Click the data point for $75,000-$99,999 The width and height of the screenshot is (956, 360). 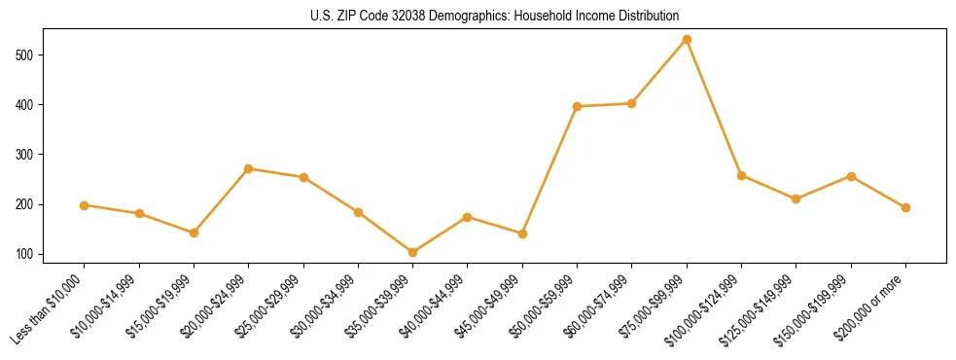pyautogui.click(x=687, y=39)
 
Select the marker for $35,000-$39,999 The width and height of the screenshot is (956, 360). pyautogui.click(x=412, y=252)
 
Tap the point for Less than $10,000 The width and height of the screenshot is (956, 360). pyautogui.click(x=85, y=205)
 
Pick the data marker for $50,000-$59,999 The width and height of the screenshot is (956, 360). pyautogui.click(x=578, y=106)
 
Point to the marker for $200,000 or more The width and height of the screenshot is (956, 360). pyautogui.click(x=905, y=207)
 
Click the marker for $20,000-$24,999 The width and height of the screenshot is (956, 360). pyautogui.click(x=249, y=168)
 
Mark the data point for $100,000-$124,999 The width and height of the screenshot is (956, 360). pyautogui.click(x=741, y=175)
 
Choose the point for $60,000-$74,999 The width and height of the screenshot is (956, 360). pyautogui.click(x=632, y=103)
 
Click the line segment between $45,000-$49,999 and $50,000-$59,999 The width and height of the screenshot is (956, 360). pyautogui.click(x=550, y=170)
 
